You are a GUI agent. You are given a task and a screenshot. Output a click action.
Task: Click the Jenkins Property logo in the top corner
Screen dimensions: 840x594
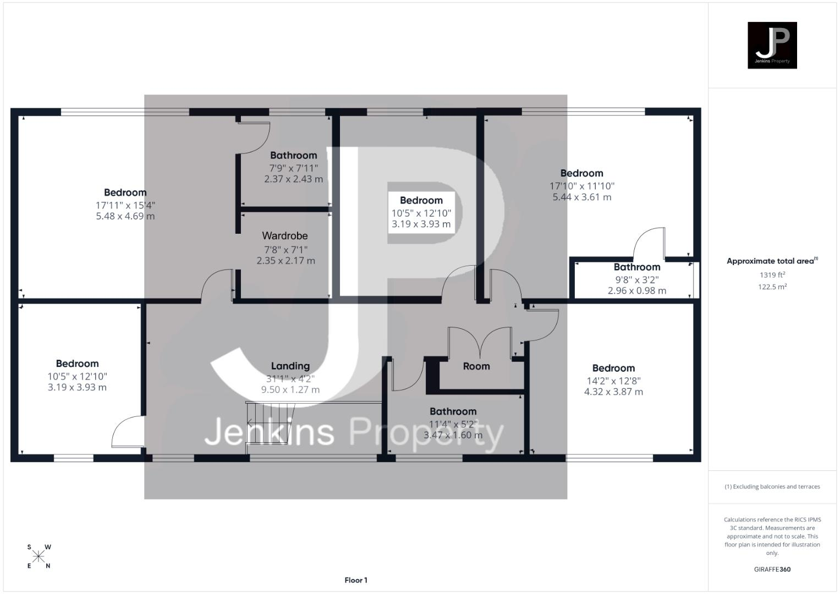772,45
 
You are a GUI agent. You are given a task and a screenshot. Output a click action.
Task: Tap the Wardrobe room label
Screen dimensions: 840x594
284,235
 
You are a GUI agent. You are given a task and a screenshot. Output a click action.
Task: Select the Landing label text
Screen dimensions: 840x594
290,366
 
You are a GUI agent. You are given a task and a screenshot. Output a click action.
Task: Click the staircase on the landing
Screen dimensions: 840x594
270,424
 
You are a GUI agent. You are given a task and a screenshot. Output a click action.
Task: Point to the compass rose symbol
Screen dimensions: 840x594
39,556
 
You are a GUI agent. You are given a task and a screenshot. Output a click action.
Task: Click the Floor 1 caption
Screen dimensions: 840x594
356,580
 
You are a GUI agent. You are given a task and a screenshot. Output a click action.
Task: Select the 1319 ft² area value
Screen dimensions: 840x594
772,274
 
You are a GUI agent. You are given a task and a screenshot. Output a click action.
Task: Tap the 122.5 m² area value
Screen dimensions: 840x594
772,287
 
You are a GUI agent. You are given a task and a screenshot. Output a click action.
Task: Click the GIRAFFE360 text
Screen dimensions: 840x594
772,569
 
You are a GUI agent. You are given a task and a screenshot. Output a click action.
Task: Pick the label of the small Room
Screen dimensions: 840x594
476,366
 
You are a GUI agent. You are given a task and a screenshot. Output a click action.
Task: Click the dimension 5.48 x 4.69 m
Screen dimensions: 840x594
125,216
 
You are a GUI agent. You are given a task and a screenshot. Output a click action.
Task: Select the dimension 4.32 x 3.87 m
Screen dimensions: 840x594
613,392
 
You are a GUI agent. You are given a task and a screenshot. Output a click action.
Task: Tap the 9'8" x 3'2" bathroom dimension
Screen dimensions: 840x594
637,279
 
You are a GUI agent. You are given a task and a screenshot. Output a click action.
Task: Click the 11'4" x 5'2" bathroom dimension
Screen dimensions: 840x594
453,424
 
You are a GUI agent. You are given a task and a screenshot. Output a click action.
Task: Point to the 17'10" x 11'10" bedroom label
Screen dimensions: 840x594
582,186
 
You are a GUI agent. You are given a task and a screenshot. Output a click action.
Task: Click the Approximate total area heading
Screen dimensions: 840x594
772,261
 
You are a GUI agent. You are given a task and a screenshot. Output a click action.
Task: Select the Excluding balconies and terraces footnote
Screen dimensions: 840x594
772,486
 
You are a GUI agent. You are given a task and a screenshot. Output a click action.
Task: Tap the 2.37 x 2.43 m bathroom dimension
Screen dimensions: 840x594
293,179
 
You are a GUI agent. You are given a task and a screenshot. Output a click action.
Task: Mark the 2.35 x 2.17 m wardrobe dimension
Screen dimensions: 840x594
286,260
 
